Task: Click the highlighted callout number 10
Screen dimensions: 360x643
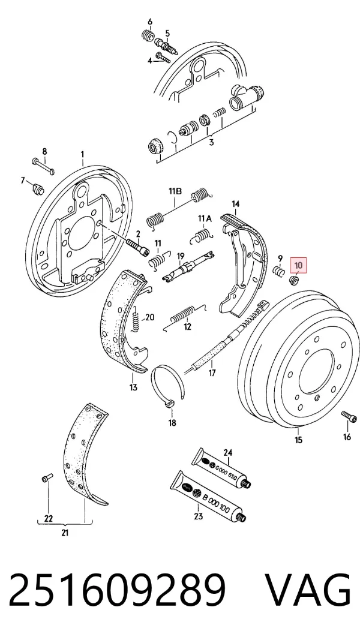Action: point(298,265)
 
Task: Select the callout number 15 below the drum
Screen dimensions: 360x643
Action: point(298,440)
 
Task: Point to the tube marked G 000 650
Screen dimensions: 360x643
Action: point(221,467)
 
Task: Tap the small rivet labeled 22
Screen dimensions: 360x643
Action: point(46,477)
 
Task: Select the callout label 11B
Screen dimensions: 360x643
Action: point(175,191)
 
